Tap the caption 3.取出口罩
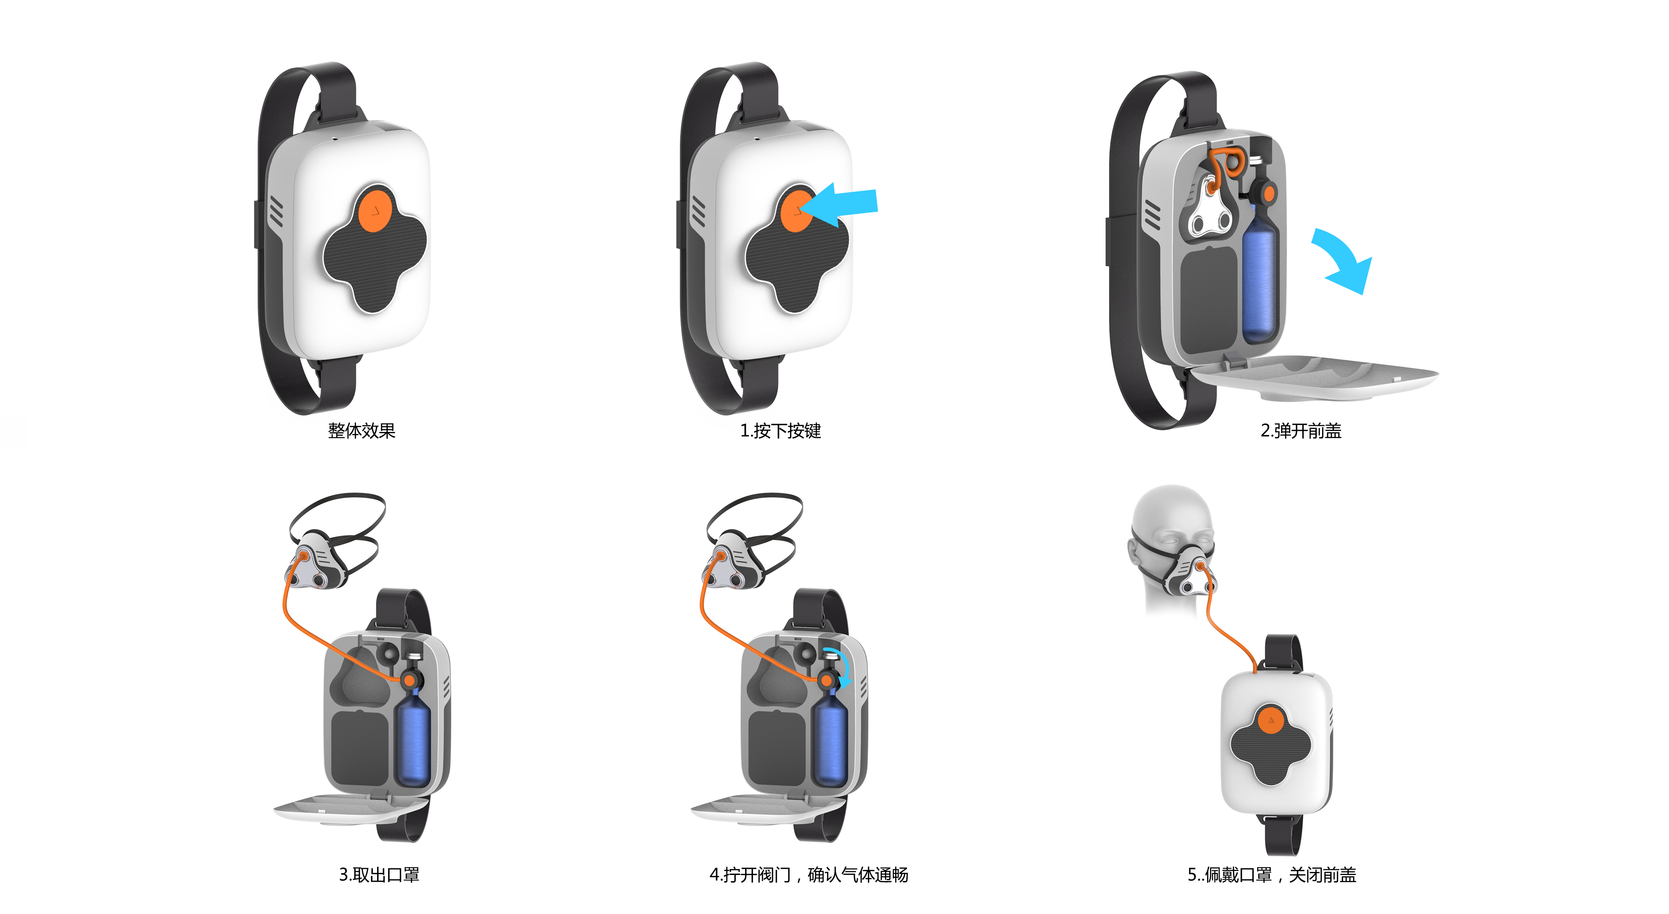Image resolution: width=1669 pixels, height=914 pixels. (x=379, y=875)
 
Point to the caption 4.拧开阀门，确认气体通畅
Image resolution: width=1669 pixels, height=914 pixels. (x=808, y=875)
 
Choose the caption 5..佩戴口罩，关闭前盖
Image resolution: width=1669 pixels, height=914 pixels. (x=1271, y=875)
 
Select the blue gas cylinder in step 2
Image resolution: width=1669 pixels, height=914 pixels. (x=1259, y=279)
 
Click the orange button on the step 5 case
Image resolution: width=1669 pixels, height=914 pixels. (x=1271, y=720)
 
